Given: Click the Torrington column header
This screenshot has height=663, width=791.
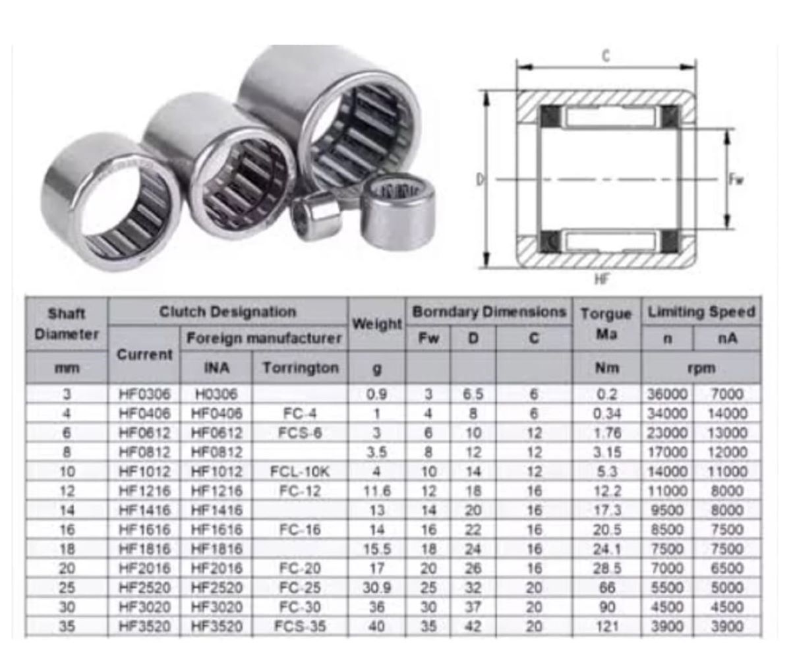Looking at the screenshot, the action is [301, 368].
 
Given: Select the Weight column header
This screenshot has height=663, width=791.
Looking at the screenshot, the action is [376, 324].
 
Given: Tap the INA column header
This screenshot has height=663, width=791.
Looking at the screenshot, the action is [216, 368].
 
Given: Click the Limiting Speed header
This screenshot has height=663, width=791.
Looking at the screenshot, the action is [701, 312].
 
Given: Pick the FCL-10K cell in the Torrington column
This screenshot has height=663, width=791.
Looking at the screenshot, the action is [300, 472].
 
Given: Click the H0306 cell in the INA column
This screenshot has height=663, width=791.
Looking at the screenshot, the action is [216, 394].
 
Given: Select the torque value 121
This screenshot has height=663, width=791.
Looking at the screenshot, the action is [607, 627].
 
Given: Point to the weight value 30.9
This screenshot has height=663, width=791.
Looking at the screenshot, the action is [376, 588].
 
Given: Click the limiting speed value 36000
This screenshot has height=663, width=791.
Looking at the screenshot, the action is [667, 394].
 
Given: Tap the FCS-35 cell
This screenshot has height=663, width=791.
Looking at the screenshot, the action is [300, 627].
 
